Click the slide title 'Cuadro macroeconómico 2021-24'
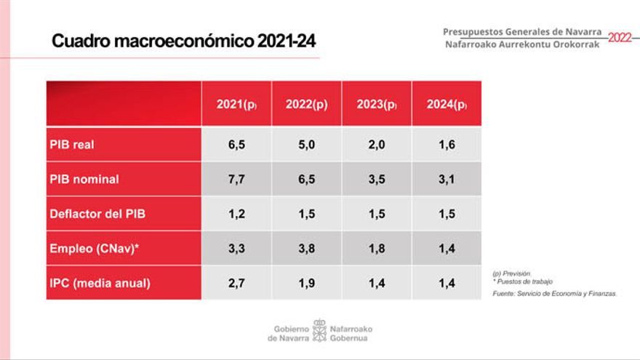pos(183,41)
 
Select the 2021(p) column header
pos(236,104)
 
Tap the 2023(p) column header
pos(376,104)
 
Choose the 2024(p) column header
pos(447,104)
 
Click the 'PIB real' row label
pos(72,145)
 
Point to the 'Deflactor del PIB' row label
pos(97,214)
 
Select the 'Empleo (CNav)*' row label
pos(94,249)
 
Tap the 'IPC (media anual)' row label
pos(100,283)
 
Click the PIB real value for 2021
pos(236,145)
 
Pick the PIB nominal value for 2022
pos(306,179)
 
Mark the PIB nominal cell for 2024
pos(447,179)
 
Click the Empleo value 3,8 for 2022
pos(306,249)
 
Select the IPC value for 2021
pos(236,283)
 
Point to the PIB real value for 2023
pos(376,145)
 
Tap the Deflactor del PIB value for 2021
pos(236,214)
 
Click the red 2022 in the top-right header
pos(619,38)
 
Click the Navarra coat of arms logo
pos(319,332)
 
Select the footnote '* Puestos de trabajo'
pos(522,281)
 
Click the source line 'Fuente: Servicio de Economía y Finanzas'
pos(554,294)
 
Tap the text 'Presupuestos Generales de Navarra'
pos(521,32)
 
